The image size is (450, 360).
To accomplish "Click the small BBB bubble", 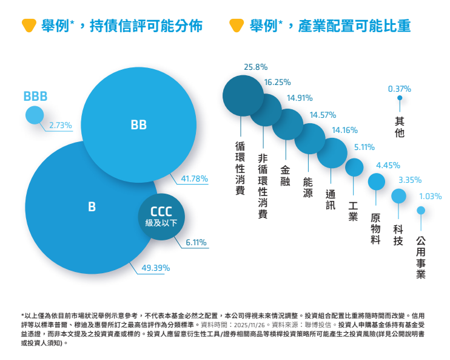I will tap(35, 115).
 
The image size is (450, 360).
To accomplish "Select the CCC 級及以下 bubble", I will tap(161, 217).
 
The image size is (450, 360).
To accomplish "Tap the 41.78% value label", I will tap(194, 179).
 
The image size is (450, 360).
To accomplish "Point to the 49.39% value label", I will tap(155, 267).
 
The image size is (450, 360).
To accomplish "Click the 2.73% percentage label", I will tap(61, 126).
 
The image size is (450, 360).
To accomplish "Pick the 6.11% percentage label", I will tap(196, 243).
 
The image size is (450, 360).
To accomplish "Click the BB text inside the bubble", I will tap(138, 125).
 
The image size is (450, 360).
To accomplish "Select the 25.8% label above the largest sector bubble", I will tap(255, 67).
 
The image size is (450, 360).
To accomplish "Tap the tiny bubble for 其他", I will tap(399, 98).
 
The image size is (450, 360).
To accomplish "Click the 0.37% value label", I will tap(399, 88).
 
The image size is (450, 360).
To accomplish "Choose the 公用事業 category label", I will tap(421, 257).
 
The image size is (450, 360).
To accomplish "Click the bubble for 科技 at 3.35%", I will tap(398, 195).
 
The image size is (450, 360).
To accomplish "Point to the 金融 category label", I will tap(285, 175).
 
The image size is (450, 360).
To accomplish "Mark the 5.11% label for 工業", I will tap(364, 147).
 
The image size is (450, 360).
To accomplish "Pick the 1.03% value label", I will tap(430, 196).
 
